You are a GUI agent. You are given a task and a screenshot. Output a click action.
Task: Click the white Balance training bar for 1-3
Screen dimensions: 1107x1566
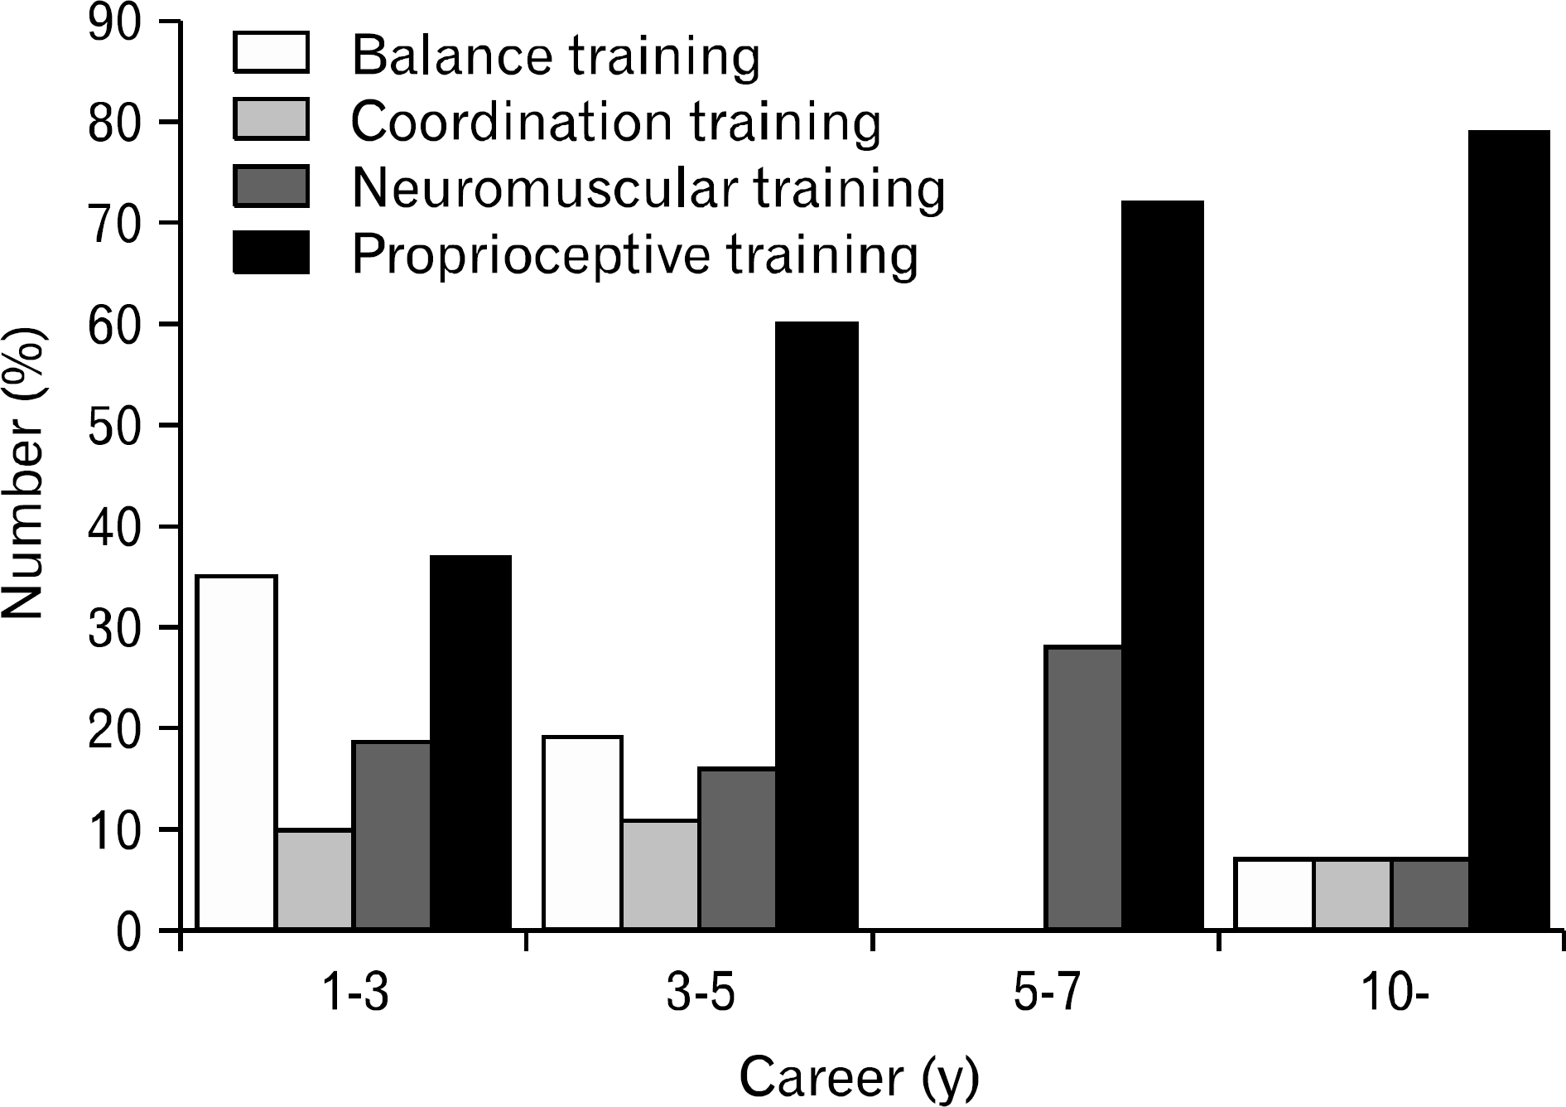(236, 752)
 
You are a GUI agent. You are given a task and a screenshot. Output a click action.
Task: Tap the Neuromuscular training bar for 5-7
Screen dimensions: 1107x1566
(1084, 787)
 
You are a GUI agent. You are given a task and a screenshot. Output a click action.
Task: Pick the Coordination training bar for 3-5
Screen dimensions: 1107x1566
(660, 874)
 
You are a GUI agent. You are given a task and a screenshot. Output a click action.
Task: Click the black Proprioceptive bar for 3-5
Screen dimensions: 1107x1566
(817, 626)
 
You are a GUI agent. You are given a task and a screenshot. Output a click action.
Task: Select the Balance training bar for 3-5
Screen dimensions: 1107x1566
(582, 833)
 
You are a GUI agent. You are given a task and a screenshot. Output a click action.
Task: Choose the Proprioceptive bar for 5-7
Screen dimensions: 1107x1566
(1162, 565)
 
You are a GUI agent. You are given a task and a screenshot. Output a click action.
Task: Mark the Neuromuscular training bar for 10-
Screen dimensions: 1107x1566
(1431, 894)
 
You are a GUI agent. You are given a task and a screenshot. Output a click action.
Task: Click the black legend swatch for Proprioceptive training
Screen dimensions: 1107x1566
(271, 252)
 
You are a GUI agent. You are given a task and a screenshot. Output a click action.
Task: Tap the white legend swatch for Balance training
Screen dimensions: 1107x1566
(271, 53)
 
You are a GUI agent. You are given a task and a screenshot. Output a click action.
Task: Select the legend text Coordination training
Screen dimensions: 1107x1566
(616, 123)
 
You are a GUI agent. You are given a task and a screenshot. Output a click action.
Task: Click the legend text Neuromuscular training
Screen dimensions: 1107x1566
(648, 189)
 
